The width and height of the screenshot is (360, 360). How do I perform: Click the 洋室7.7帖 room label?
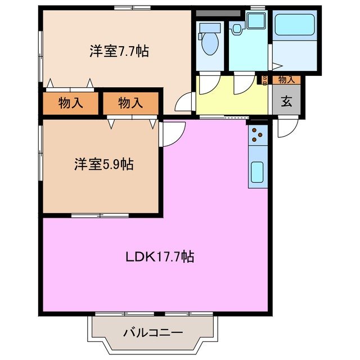pyautogui.click(x=119, y=51)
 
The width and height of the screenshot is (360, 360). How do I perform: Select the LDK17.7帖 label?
pyautogui.click(x=160, y=257)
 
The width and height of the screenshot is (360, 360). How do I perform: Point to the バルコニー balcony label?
pyautogui.click(x=153, y=332)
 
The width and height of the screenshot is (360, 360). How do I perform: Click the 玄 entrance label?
pyautogui.click(x=286, y=102)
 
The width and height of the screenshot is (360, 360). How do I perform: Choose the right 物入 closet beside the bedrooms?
pyautogui.click(x=130, y=103)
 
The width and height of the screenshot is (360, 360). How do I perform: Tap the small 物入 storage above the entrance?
pyautogui.click(x=286, y=80)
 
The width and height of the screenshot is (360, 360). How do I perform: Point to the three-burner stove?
pyautogui.click(x=258, y=134)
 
